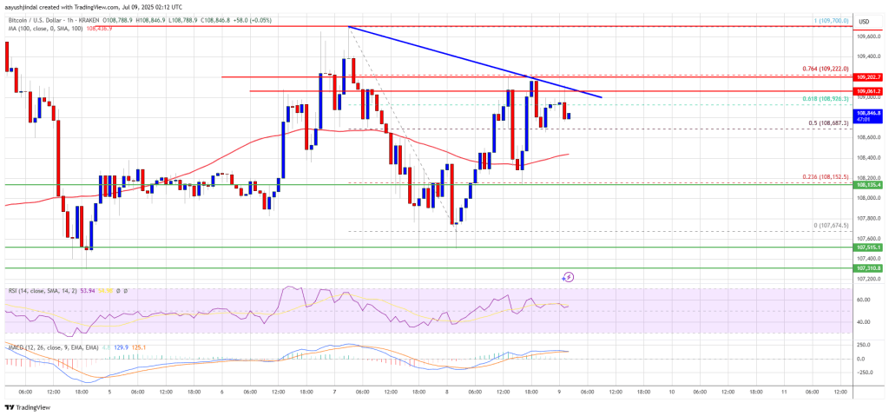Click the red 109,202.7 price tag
coord(868,77)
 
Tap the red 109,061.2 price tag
coord(868,91)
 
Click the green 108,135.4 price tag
coord(868,185)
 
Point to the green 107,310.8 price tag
coord(868,268)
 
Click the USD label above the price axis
coord(864,21)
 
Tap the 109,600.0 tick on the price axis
coord(868,36)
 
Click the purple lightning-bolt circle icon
coord(569,277)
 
